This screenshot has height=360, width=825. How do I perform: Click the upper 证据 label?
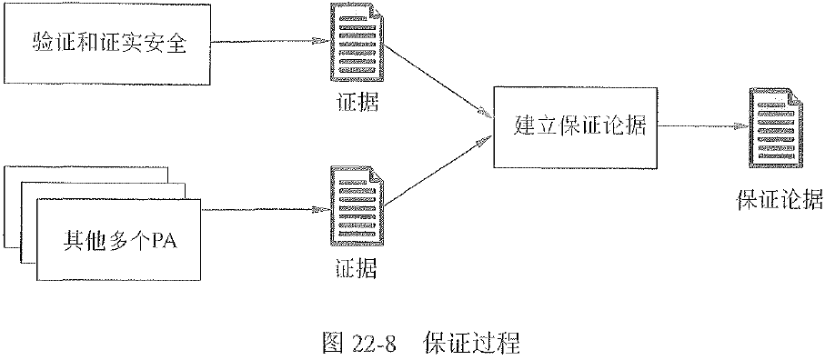click(354, 102)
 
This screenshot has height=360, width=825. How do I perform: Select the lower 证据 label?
click(354, 269)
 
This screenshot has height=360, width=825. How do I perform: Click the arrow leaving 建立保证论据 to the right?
click(700, 127)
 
